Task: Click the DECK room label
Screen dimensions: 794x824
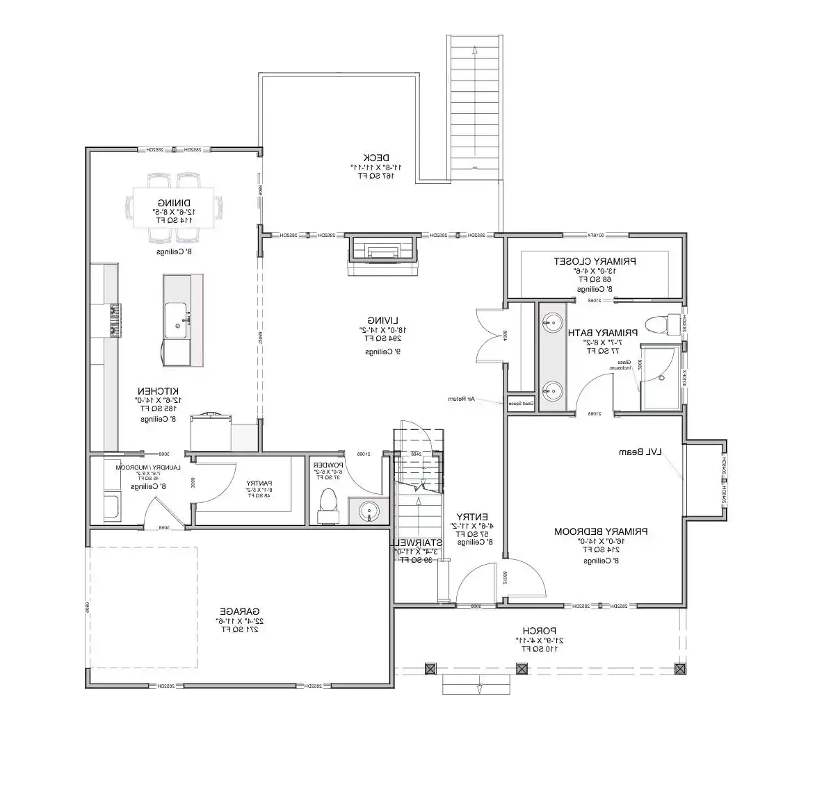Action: coord(377,157)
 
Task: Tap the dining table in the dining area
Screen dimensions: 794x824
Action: coord(174,207)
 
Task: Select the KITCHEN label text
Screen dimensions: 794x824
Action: coord(159,391)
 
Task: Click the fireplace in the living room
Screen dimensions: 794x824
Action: coord(384,250)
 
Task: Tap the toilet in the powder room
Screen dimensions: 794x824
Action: coord(327,504)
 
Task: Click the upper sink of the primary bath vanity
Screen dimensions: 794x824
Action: coord(554,322)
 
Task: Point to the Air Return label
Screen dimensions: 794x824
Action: coord(460,399)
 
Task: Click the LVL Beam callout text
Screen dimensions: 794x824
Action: coord(639,452)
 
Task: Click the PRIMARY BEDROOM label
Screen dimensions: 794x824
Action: coord(601,531)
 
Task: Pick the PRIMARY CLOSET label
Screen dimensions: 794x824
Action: coord(595,261)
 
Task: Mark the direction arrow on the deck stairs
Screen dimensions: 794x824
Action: coord(475,50)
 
